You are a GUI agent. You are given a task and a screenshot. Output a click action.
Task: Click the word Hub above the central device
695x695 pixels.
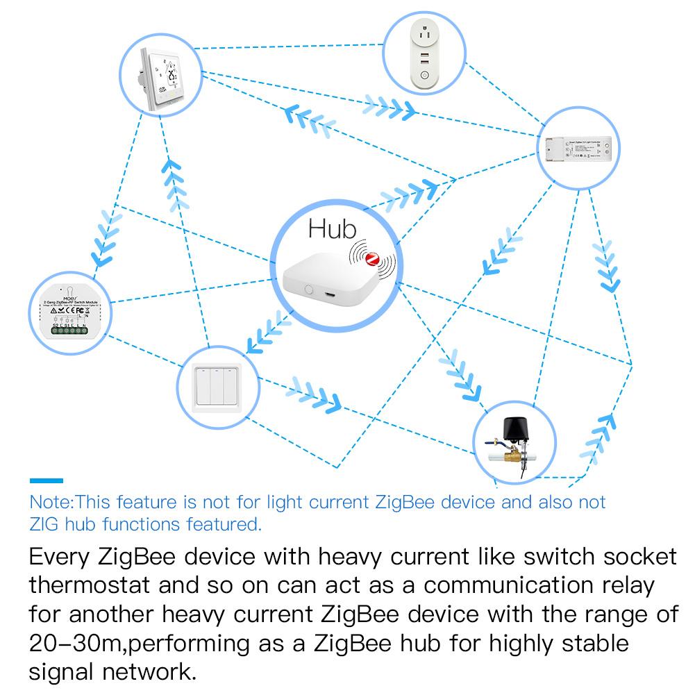pos(332,229)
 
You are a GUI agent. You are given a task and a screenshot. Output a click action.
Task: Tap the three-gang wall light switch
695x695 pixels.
pos(217,385)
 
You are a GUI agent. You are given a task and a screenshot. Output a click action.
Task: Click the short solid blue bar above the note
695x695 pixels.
pos(46,480)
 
